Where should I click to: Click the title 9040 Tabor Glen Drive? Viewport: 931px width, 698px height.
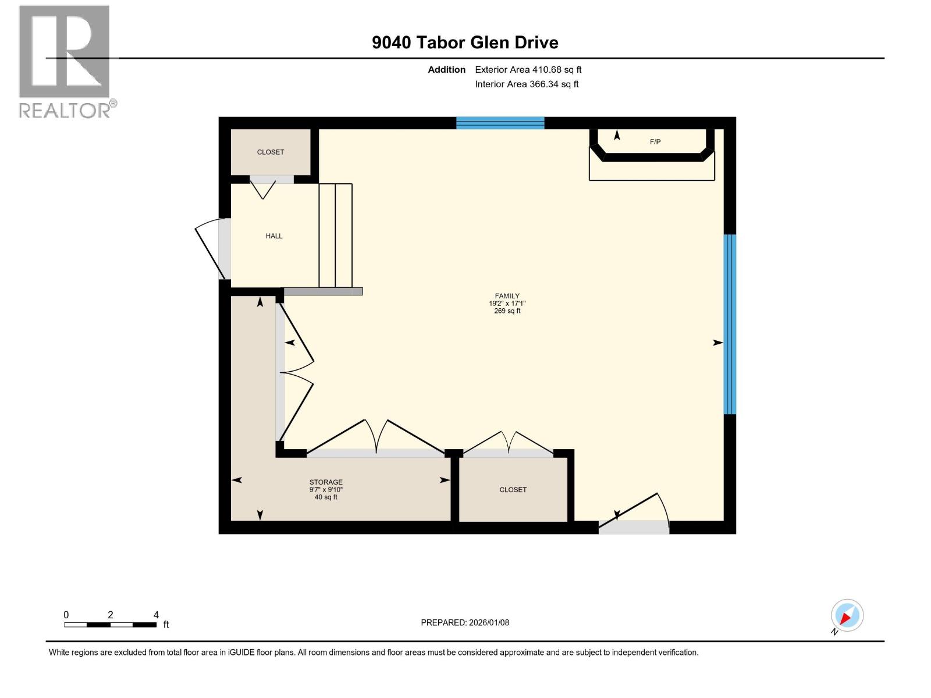coord(465,42)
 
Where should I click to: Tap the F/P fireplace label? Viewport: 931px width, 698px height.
coord(655,142)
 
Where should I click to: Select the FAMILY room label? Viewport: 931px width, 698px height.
coord(507,296)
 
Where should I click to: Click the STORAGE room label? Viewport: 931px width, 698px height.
coord(326,482)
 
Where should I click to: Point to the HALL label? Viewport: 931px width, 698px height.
coord(274,236)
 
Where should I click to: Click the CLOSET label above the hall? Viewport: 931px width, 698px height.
coord(271,152)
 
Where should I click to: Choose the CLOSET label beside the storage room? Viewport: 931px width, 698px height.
coord(513,490)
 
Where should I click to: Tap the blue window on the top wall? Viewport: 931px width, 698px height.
coord(500,123)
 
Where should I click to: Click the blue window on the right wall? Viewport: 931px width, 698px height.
coord(730,324)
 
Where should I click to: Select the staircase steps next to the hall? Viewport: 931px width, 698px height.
coord(336,236)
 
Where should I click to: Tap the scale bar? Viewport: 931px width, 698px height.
coord(110,625)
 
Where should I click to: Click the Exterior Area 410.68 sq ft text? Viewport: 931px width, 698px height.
coord(528,70)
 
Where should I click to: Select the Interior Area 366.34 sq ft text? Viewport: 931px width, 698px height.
coord(527,84)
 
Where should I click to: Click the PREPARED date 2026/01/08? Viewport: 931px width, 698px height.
coord(465,622)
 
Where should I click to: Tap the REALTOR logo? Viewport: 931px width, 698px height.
coord(65,61)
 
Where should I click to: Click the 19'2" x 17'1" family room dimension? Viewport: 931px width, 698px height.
coord(507,304)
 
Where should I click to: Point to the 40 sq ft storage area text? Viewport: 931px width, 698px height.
coord(326,497)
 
